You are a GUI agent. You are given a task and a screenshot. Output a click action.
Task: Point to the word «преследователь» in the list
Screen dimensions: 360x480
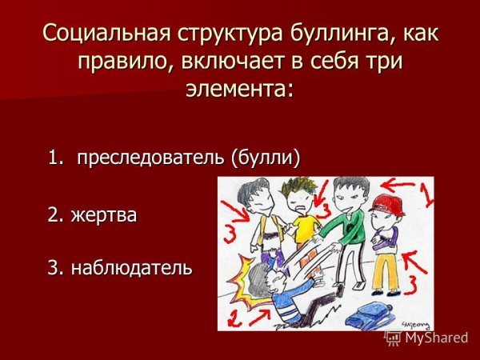click(x=151, y=158)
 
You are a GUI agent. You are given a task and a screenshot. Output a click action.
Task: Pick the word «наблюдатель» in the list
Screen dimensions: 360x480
click(x=131, y=266)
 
